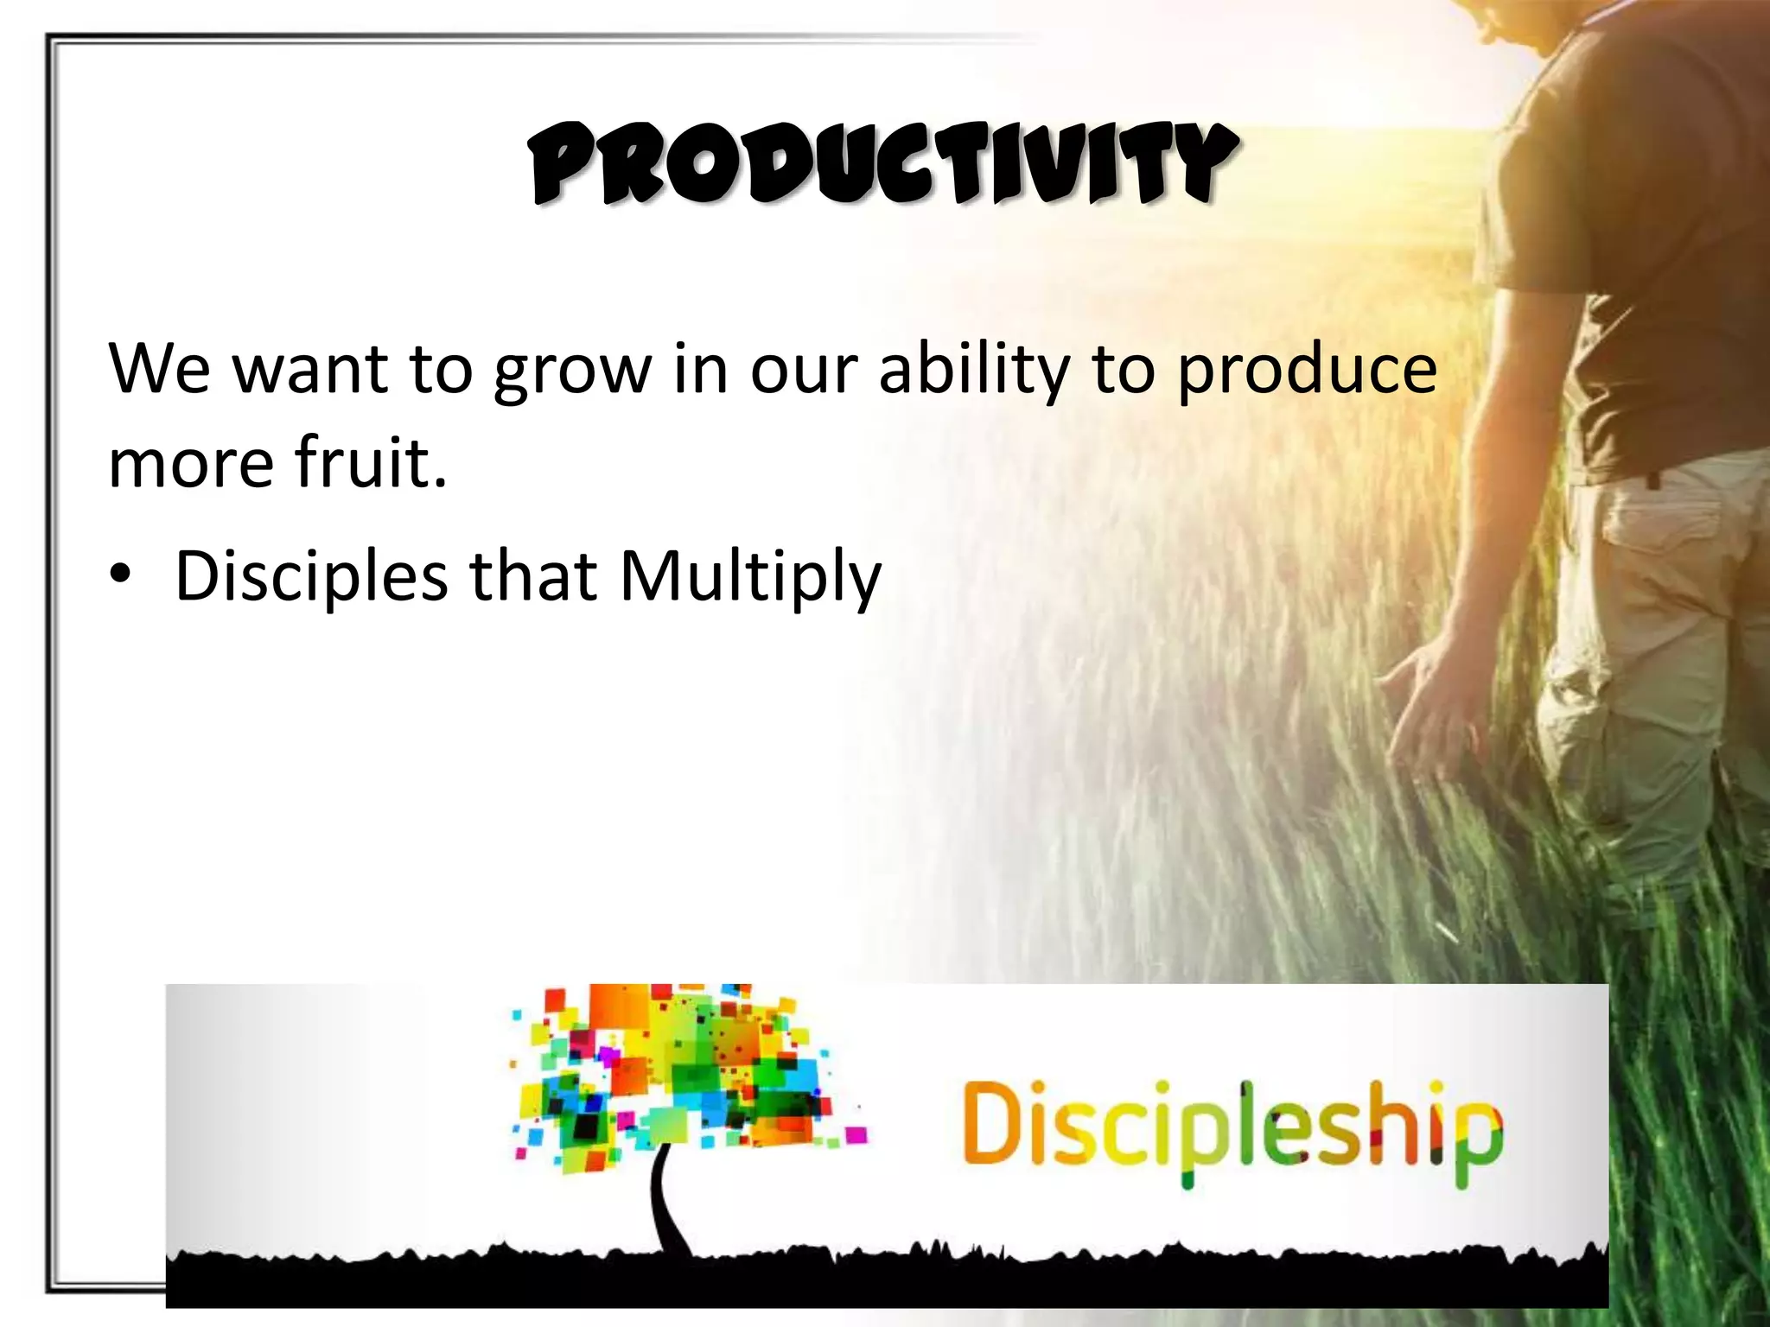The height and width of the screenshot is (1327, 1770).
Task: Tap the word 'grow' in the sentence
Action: point(572,370)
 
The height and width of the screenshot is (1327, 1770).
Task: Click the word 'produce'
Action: point(1307,370)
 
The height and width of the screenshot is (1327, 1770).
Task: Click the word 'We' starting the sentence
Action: point(160,370)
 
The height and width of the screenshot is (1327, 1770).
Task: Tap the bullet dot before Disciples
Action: point(120,575)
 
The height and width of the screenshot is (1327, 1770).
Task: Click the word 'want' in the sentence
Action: point(311,370)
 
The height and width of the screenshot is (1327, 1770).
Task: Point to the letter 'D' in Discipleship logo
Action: point(994,1127)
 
